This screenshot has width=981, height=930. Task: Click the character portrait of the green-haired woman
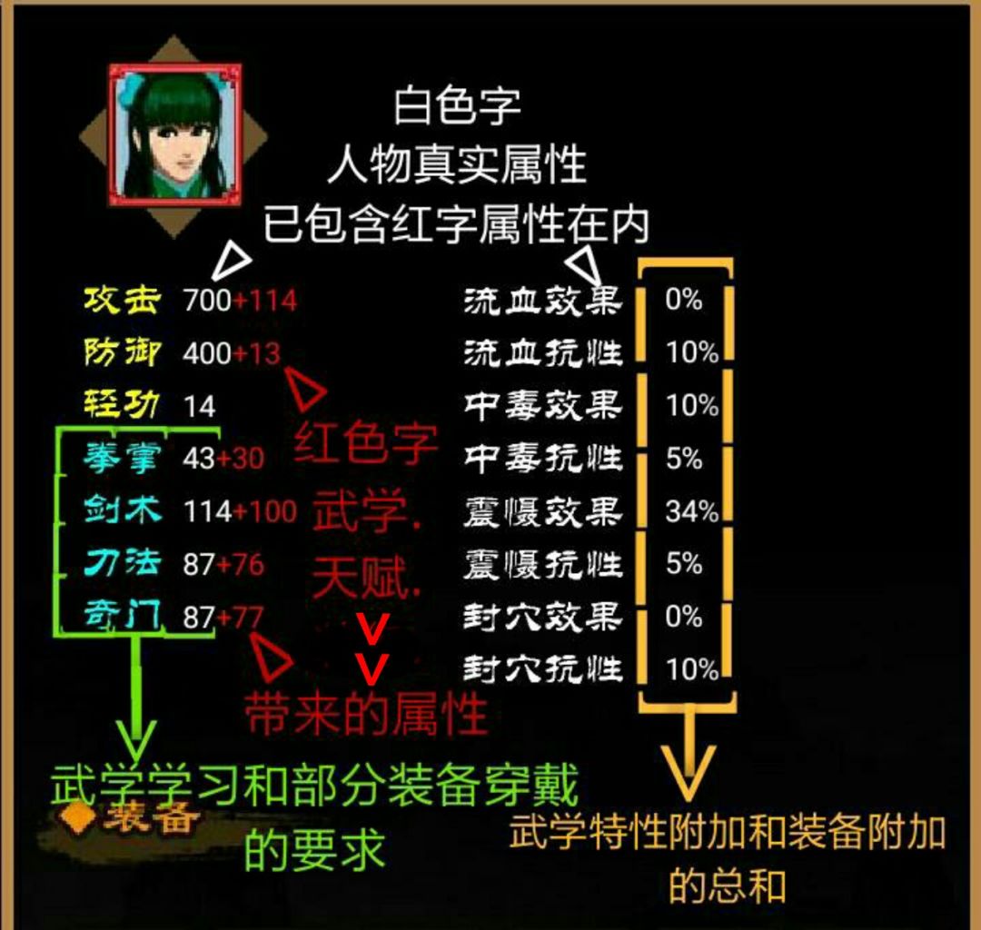click(x=174, y=134)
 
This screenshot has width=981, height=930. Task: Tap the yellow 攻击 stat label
click(x=123, y=301)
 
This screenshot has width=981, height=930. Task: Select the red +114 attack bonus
click(x=264, y=301)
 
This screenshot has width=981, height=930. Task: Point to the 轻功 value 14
click(x=200, y=407)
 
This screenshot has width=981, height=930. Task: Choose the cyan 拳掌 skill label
click(x=123, y=459)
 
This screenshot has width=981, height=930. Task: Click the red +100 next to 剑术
click(x=264, y=511)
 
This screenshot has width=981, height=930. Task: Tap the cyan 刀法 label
click(x=123, y=563)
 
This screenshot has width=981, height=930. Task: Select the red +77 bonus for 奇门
click(x=240, y=618)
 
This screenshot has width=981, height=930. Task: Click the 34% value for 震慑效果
click(x=692, y=511)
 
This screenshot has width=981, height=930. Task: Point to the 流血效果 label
click(x=543, y=301)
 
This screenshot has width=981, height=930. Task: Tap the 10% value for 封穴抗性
click(x=692, y=670)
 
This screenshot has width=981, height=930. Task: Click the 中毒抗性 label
click(x=543, y=459)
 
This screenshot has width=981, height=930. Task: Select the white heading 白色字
click(x=457, y=106)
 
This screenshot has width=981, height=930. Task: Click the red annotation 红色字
click(x=366, y=443)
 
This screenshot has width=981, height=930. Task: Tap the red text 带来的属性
click(x=366, y=714)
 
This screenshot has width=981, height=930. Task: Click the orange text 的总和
click(x=727, y=886)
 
